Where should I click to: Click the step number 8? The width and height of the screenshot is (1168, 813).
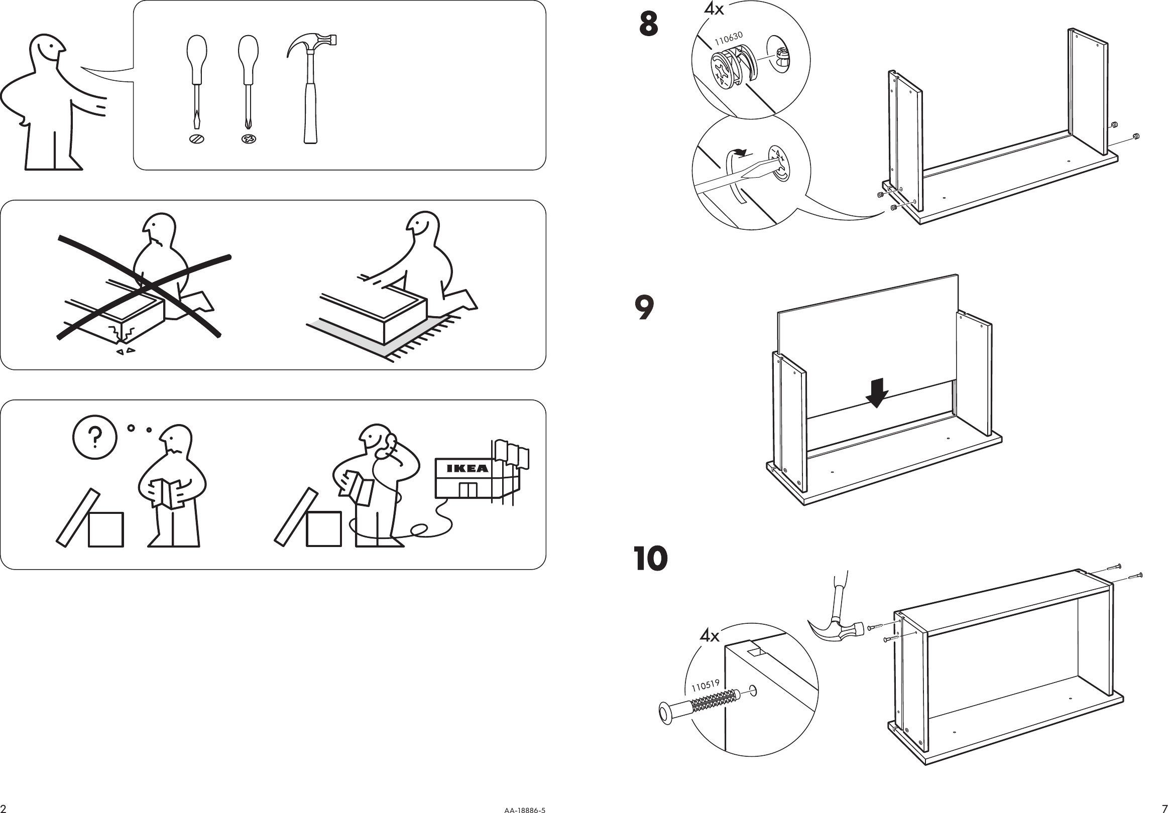pos(648,25)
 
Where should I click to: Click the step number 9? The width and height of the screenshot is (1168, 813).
pos(644,308)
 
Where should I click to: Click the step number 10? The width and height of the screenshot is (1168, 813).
pos(651,559)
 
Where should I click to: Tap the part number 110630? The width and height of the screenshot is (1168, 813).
pos(729,38)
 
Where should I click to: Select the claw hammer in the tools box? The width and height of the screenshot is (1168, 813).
pos(311,86)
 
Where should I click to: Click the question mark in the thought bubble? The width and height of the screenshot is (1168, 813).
pos(94,437)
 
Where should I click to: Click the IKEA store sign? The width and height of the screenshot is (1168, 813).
pos(468,468)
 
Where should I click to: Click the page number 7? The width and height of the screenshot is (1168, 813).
pos(1163,808)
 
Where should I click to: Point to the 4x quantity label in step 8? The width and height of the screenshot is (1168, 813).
pos(714,9)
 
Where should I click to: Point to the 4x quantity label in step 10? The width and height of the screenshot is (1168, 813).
pos(710,635)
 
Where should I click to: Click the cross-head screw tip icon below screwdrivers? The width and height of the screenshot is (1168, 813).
pos(249,139)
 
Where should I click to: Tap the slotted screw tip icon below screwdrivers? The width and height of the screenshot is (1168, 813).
pos(197,139)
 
